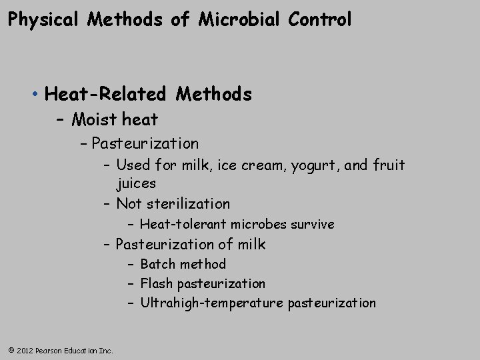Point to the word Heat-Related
tap(106, 95)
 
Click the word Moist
tap(93, 120)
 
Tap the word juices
tap(136, 183)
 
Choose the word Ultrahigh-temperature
tap(211, 303)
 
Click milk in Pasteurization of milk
tap(250, 245)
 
